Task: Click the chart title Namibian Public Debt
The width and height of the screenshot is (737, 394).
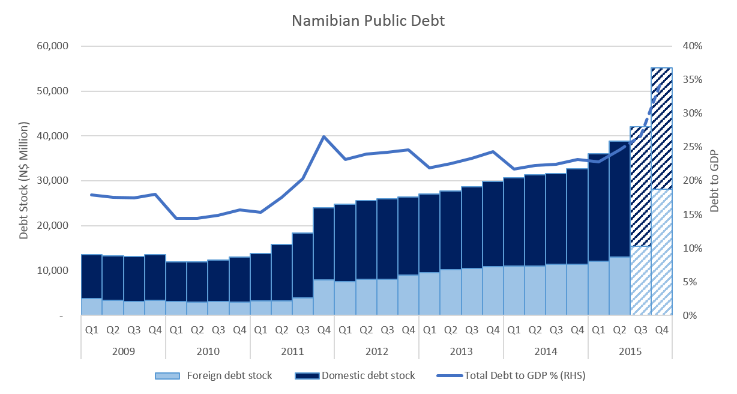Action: (368, 20)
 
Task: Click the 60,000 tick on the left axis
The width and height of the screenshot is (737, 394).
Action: (53, 46)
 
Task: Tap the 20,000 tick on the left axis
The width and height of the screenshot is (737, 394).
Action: (53, 226)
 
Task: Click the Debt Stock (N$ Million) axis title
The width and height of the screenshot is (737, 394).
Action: (24, 181)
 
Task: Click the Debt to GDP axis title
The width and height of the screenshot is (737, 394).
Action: (714, 181)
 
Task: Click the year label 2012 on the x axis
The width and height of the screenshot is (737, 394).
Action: (376, 351)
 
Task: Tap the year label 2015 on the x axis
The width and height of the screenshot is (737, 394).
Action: (630, 351)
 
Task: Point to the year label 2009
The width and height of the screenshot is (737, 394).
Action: (123, 351)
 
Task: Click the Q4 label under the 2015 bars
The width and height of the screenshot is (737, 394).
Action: (661, 329)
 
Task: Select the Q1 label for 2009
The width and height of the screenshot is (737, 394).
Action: (91, 329)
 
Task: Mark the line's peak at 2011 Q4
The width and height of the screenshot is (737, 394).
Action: (324, 136)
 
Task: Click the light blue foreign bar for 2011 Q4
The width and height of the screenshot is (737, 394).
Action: (324, 297)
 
